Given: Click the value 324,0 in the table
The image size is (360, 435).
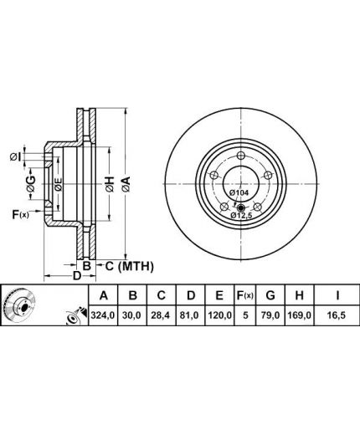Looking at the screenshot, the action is pyautogui.click(x=103, y=315).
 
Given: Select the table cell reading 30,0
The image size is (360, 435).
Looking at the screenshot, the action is pyautogui.click(x=133, y=315).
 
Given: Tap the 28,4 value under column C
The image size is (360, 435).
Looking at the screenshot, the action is pyautogui.click(x=162, y=315).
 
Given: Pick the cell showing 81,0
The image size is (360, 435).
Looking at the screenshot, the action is pyautogui.click(x=191, y=315).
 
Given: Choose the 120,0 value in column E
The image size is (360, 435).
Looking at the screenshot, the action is pyautogui.click(x=219, y=315).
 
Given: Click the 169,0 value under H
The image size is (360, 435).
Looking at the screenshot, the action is pyautogui.click(x=299, y=315).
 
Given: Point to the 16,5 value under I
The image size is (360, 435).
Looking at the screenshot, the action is pyautogui.click(x=337, y=315).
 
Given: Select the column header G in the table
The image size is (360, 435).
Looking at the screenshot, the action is pyautogui.click(x=270, y=295).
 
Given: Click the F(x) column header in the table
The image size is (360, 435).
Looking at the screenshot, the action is pyautogui.click(x=245, y=295).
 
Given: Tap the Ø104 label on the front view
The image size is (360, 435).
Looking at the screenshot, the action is pyautogui.click(x=239, y=192).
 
